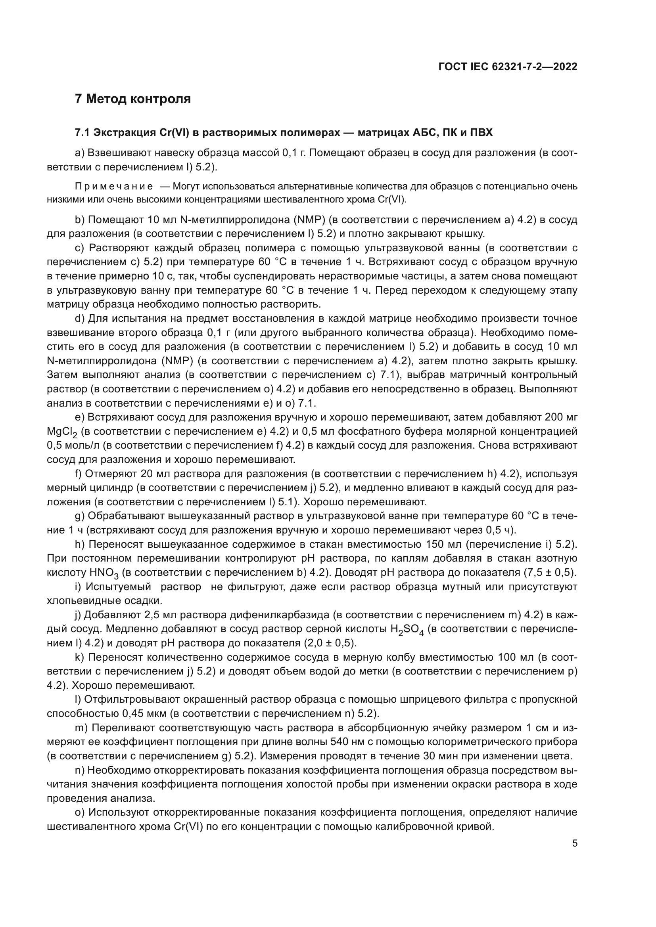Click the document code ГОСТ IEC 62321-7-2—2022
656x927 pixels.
(x=508, y=67)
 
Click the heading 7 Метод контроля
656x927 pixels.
(x=133, y=99)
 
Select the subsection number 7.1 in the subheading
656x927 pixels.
(x=82, y=132)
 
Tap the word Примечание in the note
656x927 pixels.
(x=114, y=186)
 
